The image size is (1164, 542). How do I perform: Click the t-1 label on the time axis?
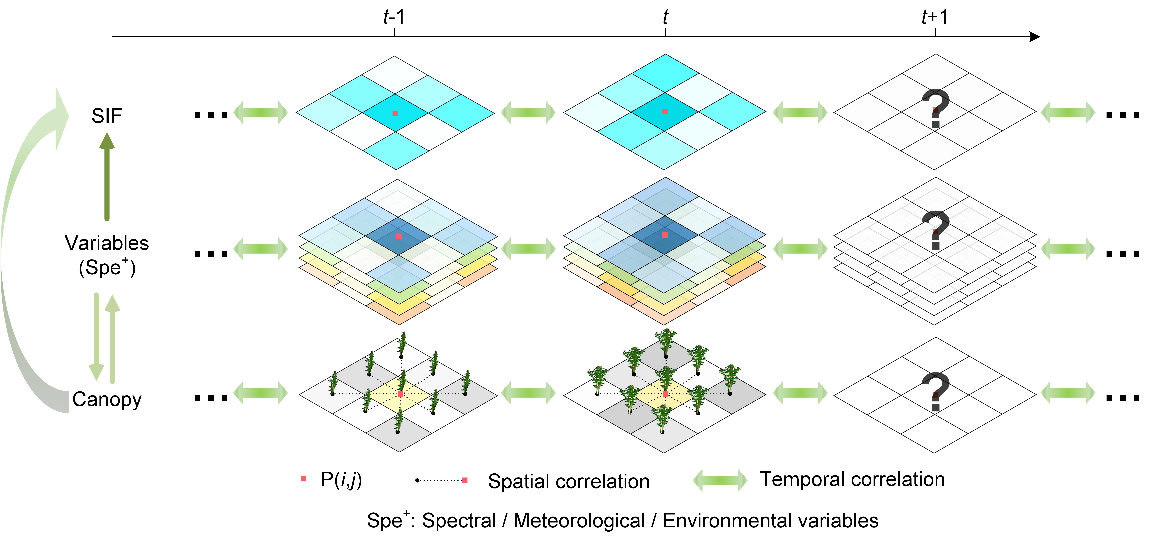394,17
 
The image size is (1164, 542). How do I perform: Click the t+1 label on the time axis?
934,17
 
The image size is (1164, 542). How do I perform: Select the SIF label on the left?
107,116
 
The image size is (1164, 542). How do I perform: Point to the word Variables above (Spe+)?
107,243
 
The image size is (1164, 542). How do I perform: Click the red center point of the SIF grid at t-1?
395,113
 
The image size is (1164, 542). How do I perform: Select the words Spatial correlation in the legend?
568,481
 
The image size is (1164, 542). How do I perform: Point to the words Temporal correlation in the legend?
852,479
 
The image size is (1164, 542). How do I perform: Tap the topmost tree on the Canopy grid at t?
666,341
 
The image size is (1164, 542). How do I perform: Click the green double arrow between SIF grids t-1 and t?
528,112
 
